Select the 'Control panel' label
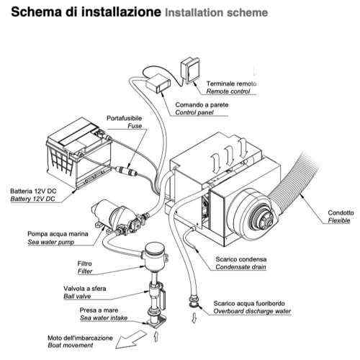[197, 113]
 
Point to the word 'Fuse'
[135, 126]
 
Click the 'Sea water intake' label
[104, 317]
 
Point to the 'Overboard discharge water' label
[253, 312]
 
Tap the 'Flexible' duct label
[338, 220]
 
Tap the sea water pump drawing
[117, 213]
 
